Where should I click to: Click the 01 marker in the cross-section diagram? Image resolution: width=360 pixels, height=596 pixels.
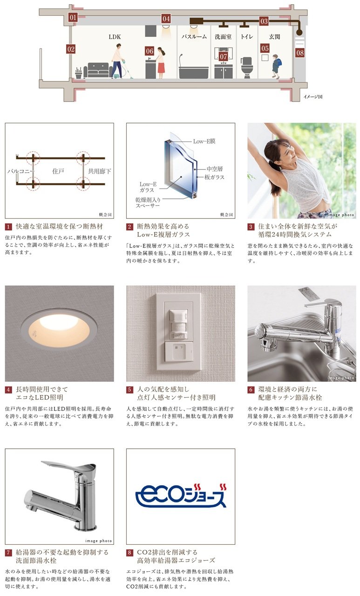click(x=73, y=18)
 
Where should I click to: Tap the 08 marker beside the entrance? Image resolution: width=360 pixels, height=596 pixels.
click(x=300, y=53)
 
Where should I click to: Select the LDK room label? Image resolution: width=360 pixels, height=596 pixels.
click(x=115, y=37)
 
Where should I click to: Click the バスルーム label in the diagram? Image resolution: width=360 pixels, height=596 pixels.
click(x=194, y=37)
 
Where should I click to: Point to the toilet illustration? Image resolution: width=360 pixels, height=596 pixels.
click(x=247, y=68)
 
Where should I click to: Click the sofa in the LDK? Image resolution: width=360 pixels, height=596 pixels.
click(x=98, y=70)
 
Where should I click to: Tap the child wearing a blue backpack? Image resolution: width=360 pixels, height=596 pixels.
click(x=276, y=66)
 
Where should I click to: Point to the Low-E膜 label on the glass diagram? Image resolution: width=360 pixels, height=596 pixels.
click(x=204, y=141)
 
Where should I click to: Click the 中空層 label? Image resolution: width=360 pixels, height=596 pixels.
click(x=214, y=169)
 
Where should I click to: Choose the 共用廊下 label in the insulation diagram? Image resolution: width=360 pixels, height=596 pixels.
click(x=99, y=171)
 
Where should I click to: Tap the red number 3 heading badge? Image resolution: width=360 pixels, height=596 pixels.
click(x=251, y=227)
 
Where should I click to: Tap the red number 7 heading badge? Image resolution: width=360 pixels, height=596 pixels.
click(x=8, y=553)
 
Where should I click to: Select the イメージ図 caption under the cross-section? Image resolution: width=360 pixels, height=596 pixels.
click(x=312, y=96)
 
